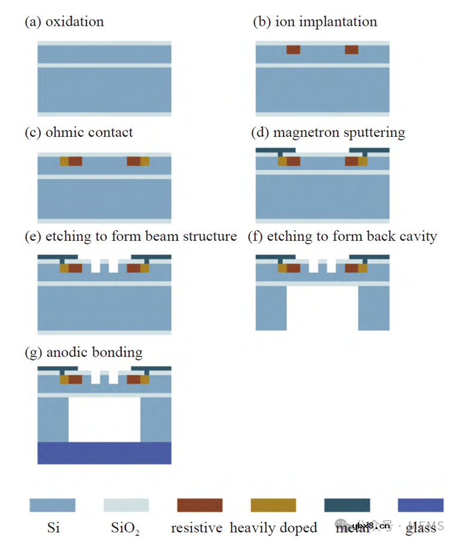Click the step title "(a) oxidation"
pyautogui.click(x=64, y=22)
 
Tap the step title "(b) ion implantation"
pyautogui.click(x=315, y=22)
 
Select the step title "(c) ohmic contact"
pyautogui.click(x=78, y=132)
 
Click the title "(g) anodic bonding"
pyautogui.click(x=83, y=352)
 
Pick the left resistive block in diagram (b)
pyautogui.click(x=293, y=50)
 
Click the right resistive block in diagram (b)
pyautogui.click(x=351, y=50)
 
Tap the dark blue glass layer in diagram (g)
pyautogui.click(x=105, y=453)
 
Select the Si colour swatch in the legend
pyautogui.click(x=53, y=505)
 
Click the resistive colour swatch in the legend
pyautogui.click(x=200, y=505)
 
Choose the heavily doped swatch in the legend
pyautogui.click(x=273, y=505)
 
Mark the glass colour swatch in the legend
pyautogui.click(x=421, y=505)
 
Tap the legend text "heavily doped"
pyautogui.click(x=273, y=528)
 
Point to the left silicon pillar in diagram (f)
pyautogui.click(x=271, y=308)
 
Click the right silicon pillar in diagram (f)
pyautogui.click(x=374, y=308)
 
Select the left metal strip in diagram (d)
pyautogui.click(x=275, y=149)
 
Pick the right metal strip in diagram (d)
pyautogui.click(x=369, y=149)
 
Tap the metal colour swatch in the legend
pyautogui.click(x=347, y=505)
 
